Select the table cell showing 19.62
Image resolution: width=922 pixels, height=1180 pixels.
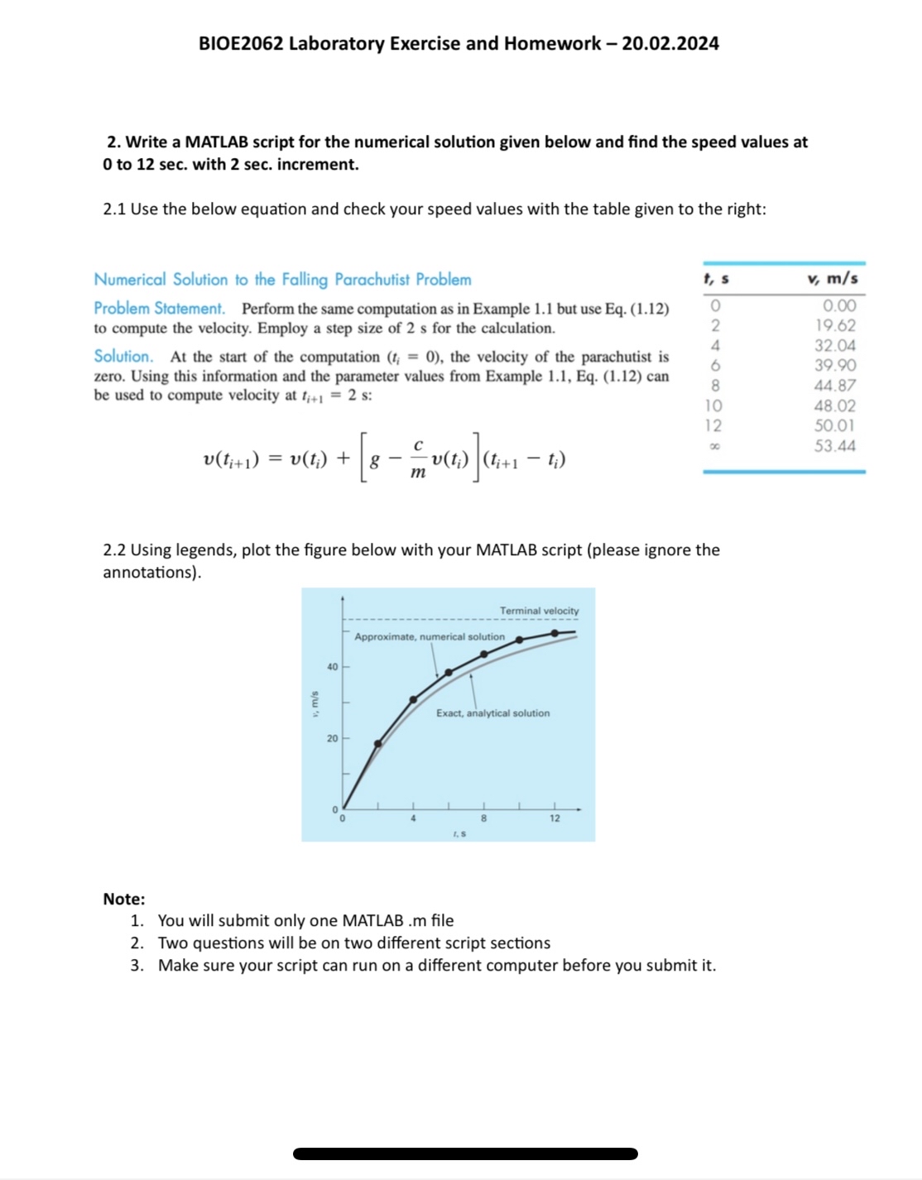click(x=834, y=326)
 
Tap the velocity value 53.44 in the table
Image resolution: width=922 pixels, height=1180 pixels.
click(x=834, y=446)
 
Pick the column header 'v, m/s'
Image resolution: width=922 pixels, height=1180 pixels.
click(x=832, y=280)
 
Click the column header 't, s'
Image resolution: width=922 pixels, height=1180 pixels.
click(x=715, y=280)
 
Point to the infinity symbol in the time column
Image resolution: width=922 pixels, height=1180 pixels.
click(x=714, y=447)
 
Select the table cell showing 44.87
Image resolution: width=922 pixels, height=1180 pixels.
click(x=834, y=386)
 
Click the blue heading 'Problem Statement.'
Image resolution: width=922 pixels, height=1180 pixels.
click(x=159, y=309)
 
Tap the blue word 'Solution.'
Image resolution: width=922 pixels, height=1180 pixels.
click(x=123, y=357)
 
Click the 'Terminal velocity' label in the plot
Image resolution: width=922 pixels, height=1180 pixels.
click(x=539, y=611)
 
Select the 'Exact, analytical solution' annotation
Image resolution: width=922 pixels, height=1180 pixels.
click(x=492, y=713)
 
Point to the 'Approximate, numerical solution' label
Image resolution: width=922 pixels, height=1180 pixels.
click(x=429, y=636)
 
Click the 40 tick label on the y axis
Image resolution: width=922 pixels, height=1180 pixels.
click(x=332, y=667)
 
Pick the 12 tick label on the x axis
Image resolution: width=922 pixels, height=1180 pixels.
click(x=555, y=818)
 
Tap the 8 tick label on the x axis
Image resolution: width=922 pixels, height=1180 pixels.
click(x=483, y=818)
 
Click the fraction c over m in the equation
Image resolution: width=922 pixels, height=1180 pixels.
click(x=418, y=459)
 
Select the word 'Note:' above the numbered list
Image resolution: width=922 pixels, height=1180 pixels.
click(x=124, y=899)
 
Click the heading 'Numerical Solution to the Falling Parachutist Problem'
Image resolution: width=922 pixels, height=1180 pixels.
click(x=282, y=280)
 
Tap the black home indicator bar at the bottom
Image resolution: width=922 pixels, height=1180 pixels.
click(x=465, y=1154)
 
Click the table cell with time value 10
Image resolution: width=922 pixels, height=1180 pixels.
click(x=713, y=406)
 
